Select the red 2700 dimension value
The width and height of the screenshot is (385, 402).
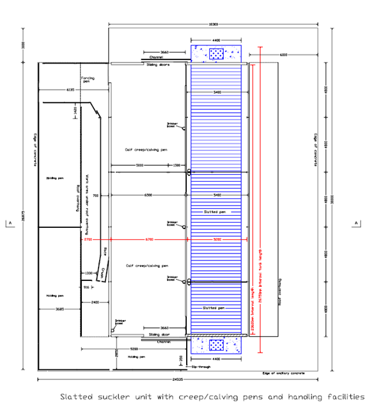point(88,240)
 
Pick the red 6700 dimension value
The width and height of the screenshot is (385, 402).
point(150,240)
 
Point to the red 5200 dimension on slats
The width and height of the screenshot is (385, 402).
point(217,240)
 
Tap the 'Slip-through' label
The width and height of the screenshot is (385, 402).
point(200,366)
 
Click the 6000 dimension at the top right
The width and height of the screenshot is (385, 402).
point(282,55)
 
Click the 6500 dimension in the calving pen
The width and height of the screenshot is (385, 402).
point(148,194)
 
